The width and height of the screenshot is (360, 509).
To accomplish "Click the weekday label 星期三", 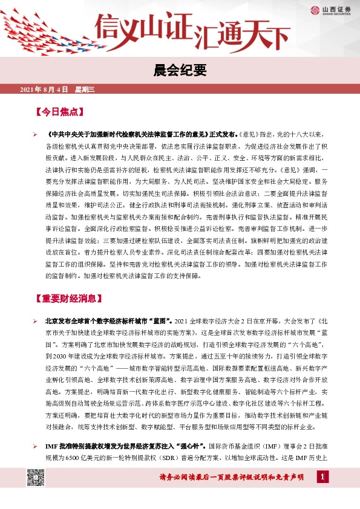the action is click(85, 89).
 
